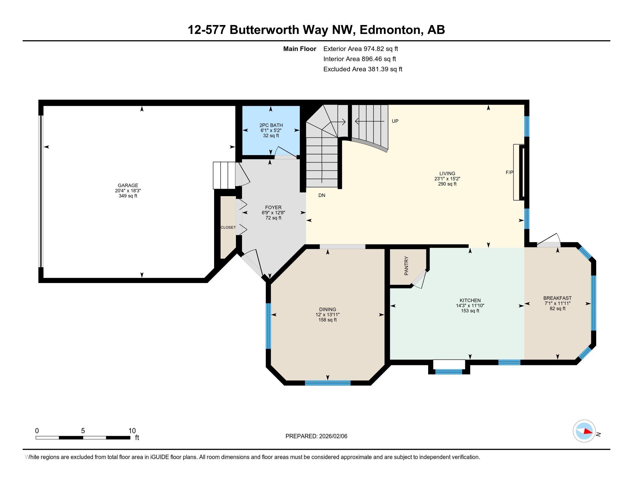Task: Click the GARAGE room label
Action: pyautogui.click(x=128, y=186)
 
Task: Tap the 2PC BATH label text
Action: pyautogui.click(x=271, y=125)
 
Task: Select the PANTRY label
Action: pyautogui.click(x=406, y=266)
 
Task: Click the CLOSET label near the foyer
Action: pyautogui.click(x=228, y=228)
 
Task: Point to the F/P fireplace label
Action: pyautogui.click(x=509, y=172)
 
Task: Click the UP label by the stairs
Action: pyautogui.click(x=395, y=121)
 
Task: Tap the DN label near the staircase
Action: pyautogui.click(x=322, y=195)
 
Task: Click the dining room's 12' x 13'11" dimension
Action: pyautogui.click(x=327, y=315)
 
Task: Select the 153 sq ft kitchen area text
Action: pyautogui.click(x=470, y=311)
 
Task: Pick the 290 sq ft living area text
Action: pyautogui.click(x=447, y=184)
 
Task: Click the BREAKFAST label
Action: pyautogui.click(x=557, y=298)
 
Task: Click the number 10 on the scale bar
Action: pyautogui.click(x=132, y=431)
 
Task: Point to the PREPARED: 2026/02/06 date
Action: pyautogui.click(x=316, y=436)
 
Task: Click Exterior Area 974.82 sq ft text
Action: pyautogui.click(x=361, y=49)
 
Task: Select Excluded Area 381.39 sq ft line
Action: pyautogui.click(x=363, y=69)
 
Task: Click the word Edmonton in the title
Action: pyautogui.click(x=390, y=30)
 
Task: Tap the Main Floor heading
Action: pyautogui.click(x=300, y=49)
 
